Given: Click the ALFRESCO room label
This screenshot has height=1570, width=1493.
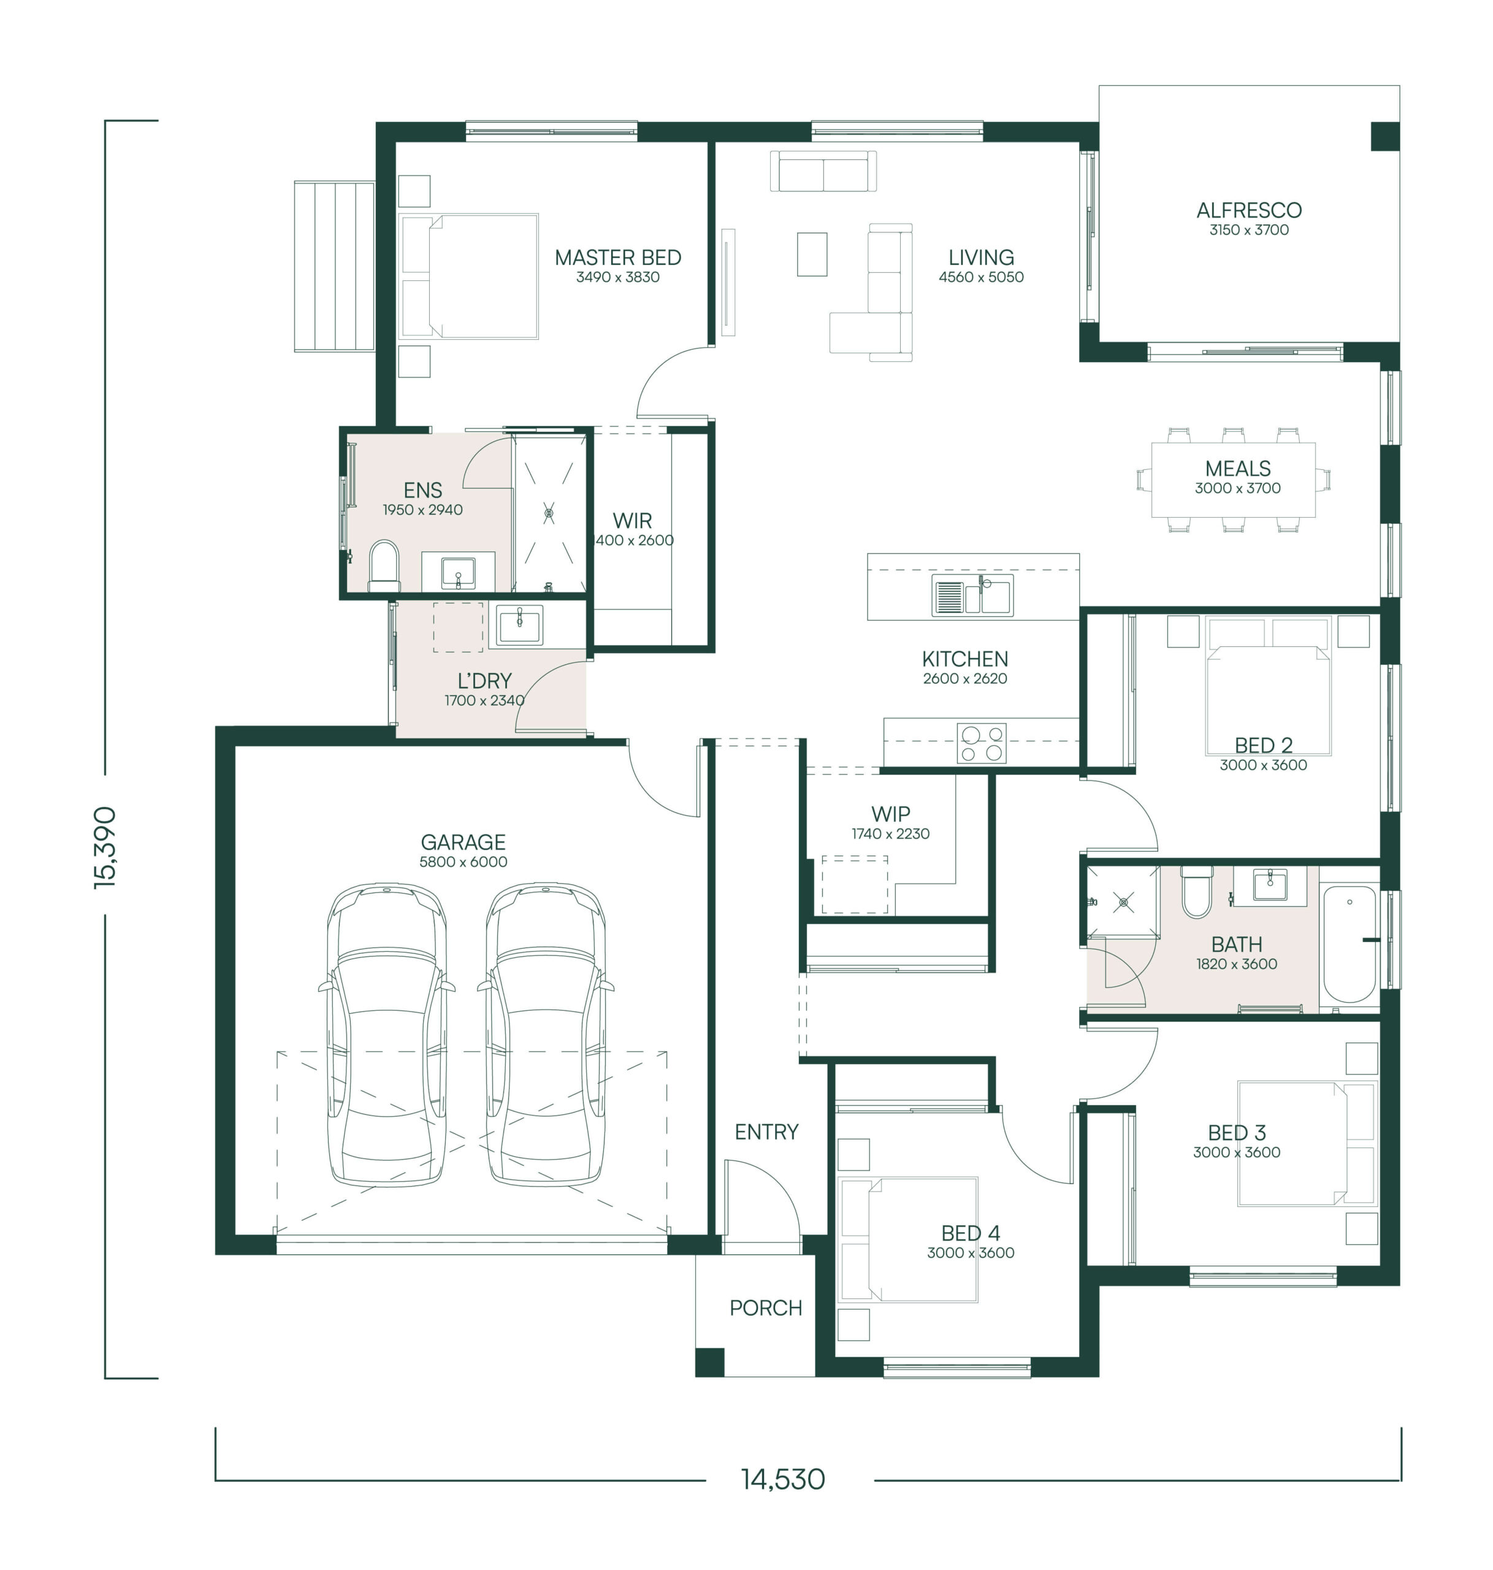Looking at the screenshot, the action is [x=1249, y=210].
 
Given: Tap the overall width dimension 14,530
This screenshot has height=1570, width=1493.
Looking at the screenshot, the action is [x=783, y=1479].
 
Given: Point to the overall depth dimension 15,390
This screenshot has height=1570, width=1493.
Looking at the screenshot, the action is [x=105, y=847].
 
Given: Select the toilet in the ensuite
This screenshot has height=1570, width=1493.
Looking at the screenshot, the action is [x=384, y=567].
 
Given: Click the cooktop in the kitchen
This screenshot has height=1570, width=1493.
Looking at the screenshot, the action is [x=981, y=743].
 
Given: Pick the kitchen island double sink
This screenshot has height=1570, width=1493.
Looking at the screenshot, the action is [x=972, y=595].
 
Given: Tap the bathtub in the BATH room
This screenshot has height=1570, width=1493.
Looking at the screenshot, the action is [x=1349, y=944].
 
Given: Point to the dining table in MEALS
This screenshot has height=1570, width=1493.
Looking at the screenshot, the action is [x=1233, y=480].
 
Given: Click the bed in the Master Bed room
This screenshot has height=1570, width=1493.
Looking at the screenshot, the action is [x=469, y=276].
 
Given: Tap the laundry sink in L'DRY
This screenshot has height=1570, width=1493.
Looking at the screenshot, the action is [x=520, y=624].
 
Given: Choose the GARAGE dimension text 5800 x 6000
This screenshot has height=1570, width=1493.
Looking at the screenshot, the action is [x=463, y=862].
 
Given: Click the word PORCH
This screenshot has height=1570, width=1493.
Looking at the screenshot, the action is [x=766, y=1308].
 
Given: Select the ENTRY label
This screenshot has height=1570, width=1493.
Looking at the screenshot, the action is [x=766, y=1132].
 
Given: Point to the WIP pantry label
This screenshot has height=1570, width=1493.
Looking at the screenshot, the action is [x=890, y=814].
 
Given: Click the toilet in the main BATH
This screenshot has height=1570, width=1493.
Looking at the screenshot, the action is [x=1196, y=892].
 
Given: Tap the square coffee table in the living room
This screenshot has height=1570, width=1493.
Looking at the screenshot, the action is [x=812, y=254].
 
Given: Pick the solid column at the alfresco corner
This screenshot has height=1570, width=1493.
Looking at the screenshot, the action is [x=1384, y=136].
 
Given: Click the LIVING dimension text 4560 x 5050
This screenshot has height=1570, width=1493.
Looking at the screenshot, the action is [x=981, y=277].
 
